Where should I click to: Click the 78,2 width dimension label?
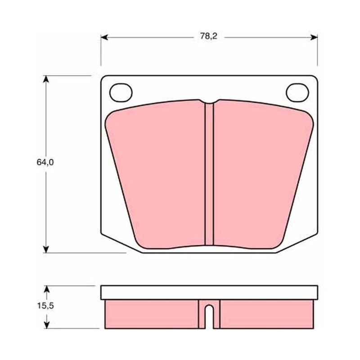[208, 36]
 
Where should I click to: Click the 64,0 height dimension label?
[45, 162]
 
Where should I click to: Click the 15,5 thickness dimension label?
[45, 306]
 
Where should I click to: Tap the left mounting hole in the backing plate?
[121, 93]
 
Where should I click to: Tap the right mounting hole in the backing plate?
[297, 93]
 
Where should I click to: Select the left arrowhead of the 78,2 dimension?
[104, 37]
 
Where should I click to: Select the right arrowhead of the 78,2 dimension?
[314, 37]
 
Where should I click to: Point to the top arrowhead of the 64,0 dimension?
[46, 79]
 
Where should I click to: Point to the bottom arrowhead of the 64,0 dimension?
[46, 249]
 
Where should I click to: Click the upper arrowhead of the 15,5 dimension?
[47, 289]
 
